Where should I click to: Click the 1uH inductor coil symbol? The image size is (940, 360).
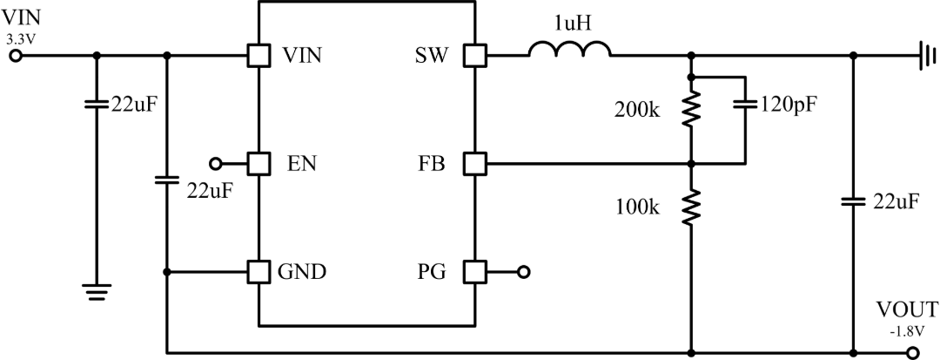click(569, 49)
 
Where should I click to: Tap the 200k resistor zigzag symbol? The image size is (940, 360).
click(690, 109)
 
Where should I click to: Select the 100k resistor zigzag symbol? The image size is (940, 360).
click(690, 207)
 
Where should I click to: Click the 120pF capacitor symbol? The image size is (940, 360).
click(745, 104)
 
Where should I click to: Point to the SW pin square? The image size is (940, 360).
click(476, 56)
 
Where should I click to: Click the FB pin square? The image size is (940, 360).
click(476, 163)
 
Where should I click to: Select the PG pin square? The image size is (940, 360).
click(476, 272)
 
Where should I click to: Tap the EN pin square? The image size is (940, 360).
click(259, 163)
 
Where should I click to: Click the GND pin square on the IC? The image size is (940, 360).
click(259, 272)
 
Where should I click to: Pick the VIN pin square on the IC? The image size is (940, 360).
click(259, 56)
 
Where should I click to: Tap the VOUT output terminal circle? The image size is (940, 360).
click(913, 353)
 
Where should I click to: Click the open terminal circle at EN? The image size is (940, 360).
click(215, 163)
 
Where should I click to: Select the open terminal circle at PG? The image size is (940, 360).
click(523, 272)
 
